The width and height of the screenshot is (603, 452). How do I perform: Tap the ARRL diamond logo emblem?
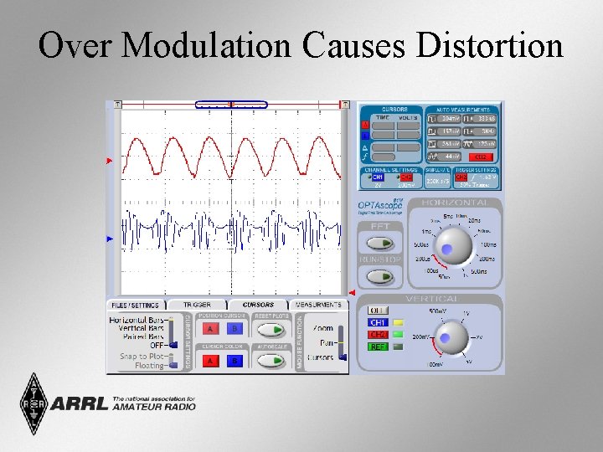pyautogui.click(x=35, y=403)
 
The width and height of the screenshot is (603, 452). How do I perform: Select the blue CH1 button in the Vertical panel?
pyautogui.click(x=378, y=322)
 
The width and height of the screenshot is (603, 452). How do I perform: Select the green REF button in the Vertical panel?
pyautogui.click(x=378, y=346)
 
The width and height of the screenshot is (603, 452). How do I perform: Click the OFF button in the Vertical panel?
pyautogui.click(x=378, y=310)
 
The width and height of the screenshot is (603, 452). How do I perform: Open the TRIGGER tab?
pyautogui.click(x=197, y=305)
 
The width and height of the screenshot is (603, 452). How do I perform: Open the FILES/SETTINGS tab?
pyautogui.click(x=136, y=305)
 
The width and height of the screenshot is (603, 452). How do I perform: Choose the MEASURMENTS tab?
pyautogui.click(x=318, y=305)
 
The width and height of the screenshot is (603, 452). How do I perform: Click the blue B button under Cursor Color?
pyautogui.click(x=235, y=361)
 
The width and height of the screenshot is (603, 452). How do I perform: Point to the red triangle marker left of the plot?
pyautogui.click(x=109, y=160)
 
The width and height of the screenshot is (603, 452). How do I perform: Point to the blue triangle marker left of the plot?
pyautogui.click(x=109, y=239)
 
